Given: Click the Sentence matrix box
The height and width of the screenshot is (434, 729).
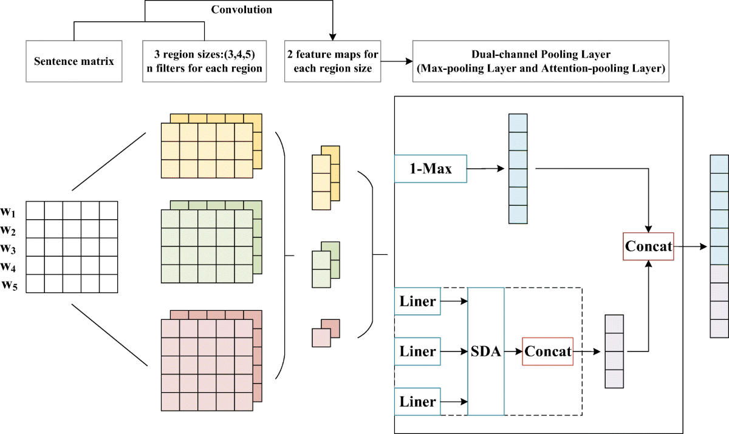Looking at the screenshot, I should (x=74, y=61).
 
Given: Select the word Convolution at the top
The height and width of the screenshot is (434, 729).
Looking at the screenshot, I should (x=242, y=10).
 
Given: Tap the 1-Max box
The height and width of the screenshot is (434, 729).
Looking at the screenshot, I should (x=431, y=169).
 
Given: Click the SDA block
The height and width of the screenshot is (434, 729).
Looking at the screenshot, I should (x=486, y=351).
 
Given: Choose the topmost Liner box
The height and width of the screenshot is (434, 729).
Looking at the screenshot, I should (x=418, y=301).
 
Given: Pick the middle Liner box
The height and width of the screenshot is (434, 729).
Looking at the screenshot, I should (x=418, y=351).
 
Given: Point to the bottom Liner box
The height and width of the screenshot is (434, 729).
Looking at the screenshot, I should (x=418, y=401).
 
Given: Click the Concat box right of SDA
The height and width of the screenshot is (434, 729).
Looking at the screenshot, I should (x=547, y=351).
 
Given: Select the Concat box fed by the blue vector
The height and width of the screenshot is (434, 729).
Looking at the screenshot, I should (x=649, y=246).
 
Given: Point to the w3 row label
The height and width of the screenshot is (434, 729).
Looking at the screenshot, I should (x=9, y=248).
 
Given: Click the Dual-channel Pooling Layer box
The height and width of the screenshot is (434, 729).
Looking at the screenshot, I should (x=540, y=61).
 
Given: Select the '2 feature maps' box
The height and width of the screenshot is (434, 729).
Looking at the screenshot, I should (x=332, y=61).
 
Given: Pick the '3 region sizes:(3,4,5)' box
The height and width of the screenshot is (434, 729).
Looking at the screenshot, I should (x=204, y=61).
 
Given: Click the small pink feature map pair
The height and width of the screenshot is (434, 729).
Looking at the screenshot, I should (x=326, y=333).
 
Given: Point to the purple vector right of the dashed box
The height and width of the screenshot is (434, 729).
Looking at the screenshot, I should (x=614, y=351).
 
